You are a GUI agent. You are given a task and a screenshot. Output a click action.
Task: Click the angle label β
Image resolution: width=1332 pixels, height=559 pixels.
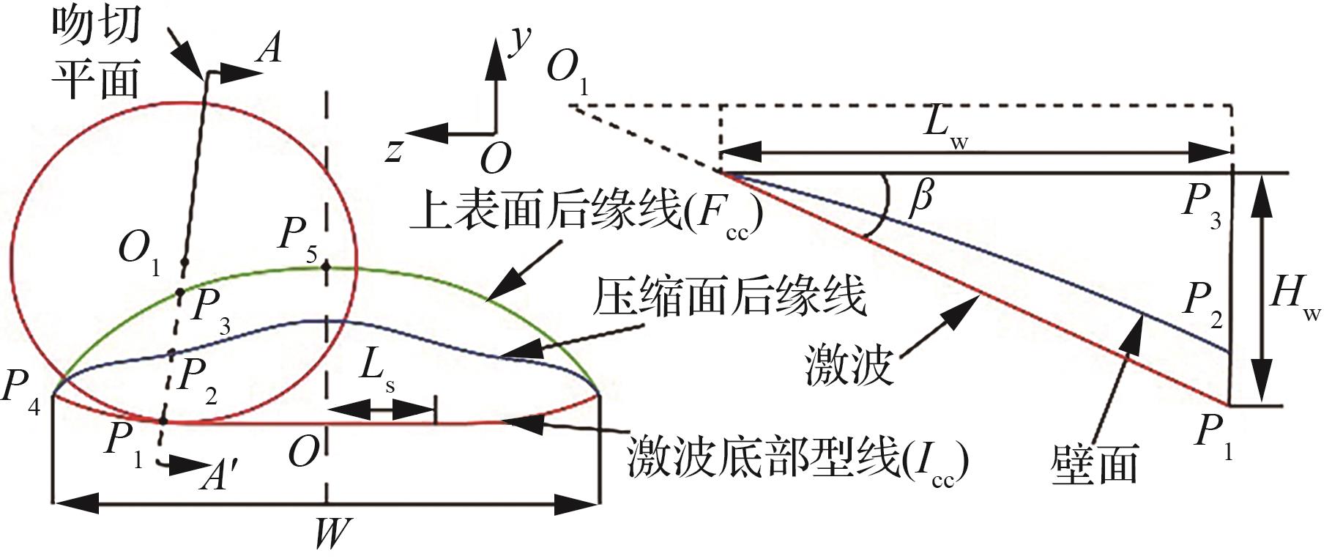[x=921, y=199]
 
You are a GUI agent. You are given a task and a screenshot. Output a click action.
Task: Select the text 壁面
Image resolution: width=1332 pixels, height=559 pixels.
[x=1093, y=463]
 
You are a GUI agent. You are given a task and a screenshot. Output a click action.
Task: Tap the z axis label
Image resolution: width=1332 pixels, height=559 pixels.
[x=394, y=149]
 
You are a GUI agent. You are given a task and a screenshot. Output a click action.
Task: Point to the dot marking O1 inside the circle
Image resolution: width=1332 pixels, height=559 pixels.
[x=185, y=262]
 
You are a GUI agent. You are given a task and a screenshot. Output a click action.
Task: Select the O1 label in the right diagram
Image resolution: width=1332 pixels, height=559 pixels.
[x=567, y=72]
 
